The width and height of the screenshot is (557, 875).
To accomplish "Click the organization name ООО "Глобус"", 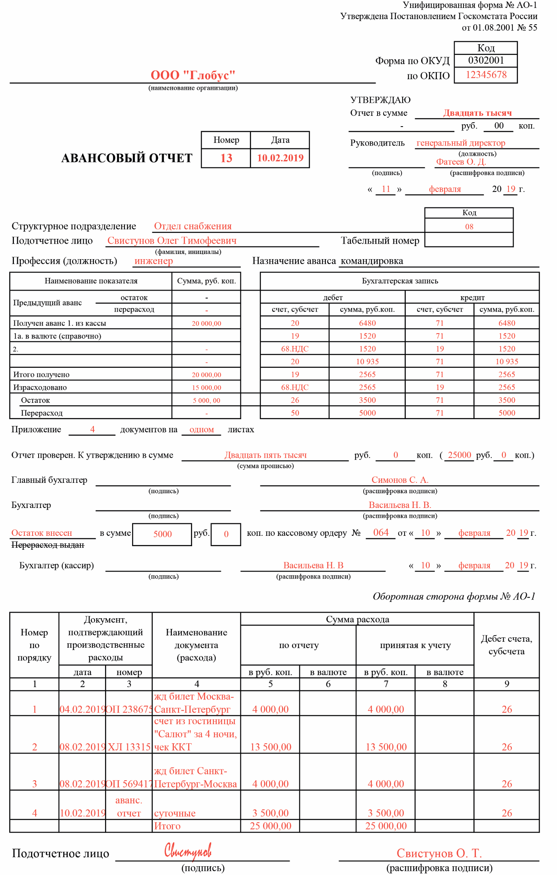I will click(x=193, y=75).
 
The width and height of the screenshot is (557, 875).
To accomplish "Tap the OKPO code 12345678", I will click(x=486, y=75).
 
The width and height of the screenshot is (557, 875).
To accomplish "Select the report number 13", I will click(x=226, y=158).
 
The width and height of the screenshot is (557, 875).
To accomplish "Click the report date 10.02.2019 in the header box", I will click(x=280, y=158).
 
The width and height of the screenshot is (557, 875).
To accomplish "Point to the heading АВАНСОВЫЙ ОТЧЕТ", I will click(x=127, y=158).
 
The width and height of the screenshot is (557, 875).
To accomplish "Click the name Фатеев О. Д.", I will click(x=461, y=162).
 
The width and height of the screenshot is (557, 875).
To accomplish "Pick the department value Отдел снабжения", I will click(x=193, y=226).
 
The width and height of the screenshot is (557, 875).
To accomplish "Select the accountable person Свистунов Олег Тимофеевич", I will click(x=172, y=240).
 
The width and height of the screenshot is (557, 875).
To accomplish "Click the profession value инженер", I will click(x=154, y=261).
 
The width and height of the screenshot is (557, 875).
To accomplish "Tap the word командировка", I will click(x=372, y=261).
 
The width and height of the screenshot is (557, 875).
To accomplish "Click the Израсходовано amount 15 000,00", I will click(x=206, y=388).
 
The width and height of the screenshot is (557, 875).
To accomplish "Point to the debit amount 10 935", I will click(x=367, y=362).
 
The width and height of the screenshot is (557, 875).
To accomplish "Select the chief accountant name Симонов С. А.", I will click(x=400, y=480).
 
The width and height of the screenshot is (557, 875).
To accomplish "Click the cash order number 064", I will click(x=381, y=533).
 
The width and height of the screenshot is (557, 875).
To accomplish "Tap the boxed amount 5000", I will click(x=162, y=534).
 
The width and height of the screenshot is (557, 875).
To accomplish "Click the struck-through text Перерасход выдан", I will click(x=48, y=545).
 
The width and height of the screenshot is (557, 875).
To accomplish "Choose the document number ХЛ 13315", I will click(x=129, y=747).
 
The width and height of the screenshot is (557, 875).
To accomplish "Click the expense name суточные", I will click(x=175, y=813).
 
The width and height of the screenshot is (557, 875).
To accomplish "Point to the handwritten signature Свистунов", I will click(x=188, y=851).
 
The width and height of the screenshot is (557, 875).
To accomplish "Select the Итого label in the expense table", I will click(x=167, y=826).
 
